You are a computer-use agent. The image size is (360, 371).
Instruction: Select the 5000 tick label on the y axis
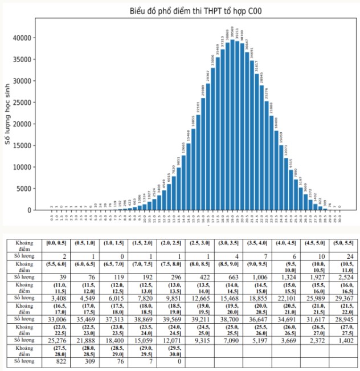[23, 189]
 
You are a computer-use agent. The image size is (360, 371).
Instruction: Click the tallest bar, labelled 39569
[232, 125]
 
